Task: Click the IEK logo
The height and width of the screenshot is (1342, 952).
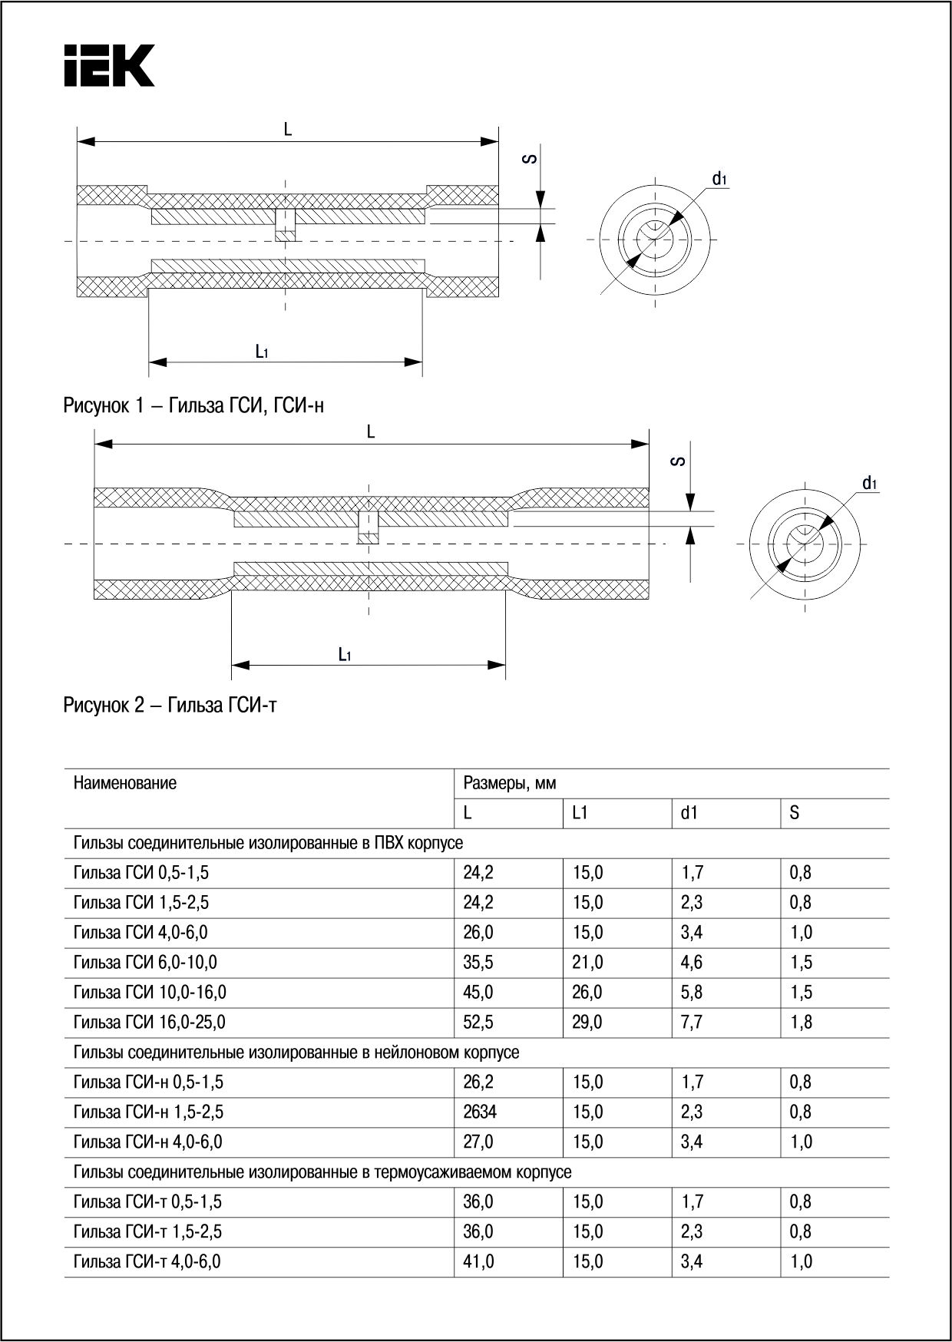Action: click(x=109, y=65)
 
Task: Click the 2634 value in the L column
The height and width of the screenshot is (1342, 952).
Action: click(x=479, y=1112)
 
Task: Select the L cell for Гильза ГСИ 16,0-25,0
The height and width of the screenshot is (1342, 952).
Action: click(x=478, y=1023)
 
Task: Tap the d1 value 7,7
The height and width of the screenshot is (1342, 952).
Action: click(x=692, y=1023)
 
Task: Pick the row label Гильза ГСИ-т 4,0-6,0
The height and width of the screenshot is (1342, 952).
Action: click(x=147, y=1261)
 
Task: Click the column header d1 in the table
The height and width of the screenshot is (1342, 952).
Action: click(x=689, y=813)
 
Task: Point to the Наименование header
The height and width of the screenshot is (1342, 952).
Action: click(x=125, y=783)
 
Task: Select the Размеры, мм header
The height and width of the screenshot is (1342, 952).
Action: click(x=510, y=784)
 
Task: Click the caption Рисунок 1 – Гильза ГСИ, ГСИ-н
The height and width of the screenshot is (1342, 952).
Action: click(x=193, y=405)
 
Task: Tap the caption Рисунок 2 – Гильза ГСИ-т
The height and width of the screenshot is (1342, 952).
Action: click(x=170, y=704)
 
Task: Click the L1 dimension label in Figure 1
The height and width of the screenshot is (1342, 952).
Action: click(x=262, y=352)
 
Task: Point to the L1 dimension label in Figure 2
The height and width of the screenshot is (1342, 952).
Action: click(x=345, y=655)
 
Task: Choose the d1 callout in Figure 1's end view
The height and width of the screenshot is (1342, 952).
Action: click(x=719, y=180)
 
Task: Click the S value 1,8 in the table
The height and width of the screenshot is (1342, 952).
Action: click(x=801, y=1023)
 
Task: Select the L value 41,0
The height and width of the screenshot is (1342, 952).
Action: click(x=478, y=1261)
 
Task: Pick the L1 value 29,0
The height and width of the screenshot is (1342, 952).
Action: click(x=587, y=1023)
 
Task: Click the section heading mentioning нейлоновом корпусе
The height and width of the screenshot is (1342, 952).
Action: click(x=296, y=1053)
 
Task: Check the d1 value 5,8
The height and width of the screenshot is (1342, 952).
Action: click(x=692, y=993)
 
